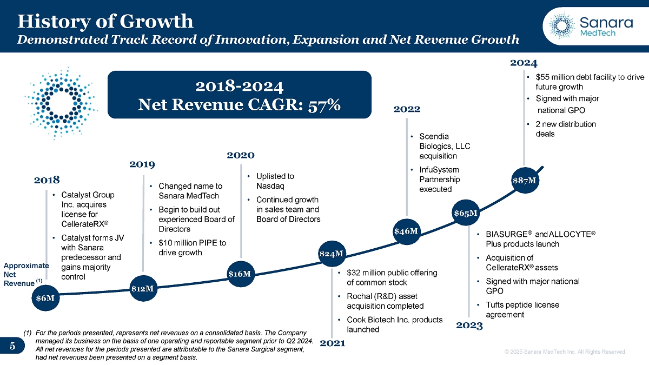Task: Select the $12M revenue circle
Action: pyautogui.click(x=143, y=288)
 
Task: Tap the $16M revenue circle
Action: pyautogui.click(x=239, y=274)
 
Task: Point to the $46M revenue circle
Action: pyautogui.click(x=406, y=231)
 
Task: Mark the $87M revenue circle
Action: pyautogui.click(x=524, y=180)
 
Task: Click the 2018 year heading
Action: pyautogui.click(x=47, y=180)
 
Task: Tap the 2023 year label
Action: pyautogui.click(x=469, y=326)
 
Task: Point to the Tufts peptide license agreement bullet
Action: pyautogui.click(x=522, y=309)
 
